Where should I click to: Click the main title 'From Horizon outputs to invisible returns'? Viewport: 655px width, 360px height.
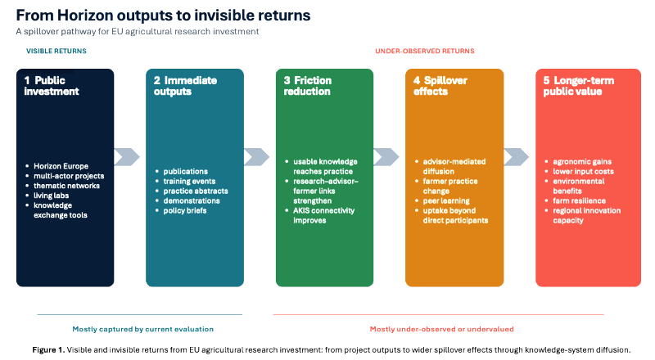coord(163,15)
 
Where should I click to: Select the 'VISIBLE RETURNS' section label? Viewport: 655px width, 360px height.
coord(56,51)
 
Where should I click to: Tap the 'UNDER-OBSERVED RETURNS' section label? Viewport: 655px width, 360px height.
coord(424,51)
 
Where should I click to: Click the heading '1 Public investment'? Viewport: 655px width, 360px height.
coord(52,86)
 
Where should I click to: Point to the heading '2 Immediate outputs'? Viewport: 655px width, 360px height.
coord(184,86)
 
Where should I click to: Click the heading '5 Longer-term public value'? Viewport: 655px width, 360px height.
coord(579,86)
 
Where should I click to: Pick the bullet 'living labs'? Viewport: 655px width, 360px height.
coord(49,196)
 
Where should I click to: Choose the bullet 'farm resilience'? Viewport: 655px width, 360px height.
coord(578,200)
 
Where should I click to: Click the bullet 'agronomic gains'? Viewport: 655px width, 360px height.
coord(581,161)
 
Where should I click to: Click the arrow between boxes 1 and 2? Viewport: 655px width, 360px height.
coord(127,156)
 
